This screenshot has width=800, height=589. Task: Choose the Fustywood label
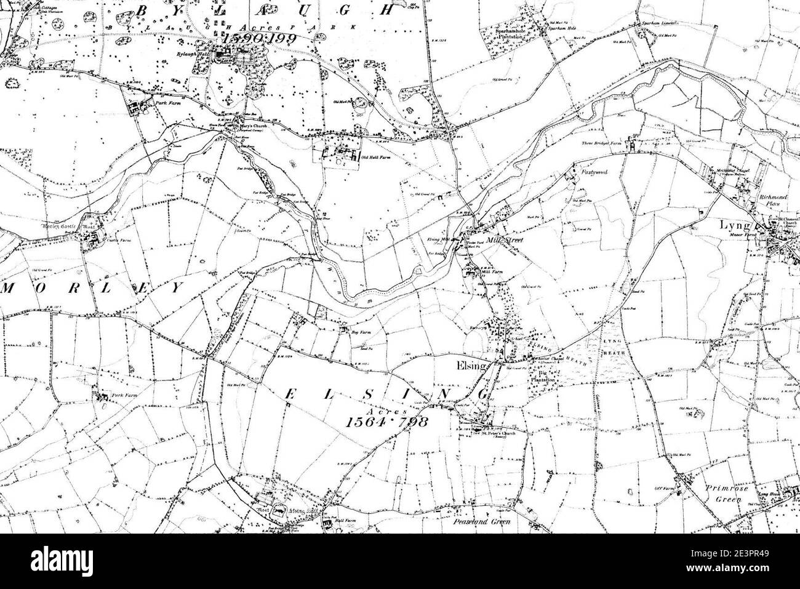point(594,173)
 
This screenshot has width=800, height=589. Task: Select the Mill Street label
point(504,240)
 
